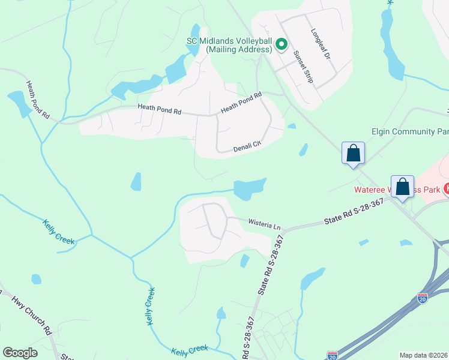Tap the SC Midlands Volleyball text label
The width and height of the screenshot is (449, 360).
(x=230, y=45)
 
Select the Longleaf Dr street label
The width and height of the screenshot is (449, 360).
(x=321, y=44)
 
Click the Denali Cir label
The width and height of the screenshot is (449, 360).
(x=249, y=145)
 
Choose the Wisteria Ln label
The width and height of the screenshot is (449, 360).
(x=264, y=225)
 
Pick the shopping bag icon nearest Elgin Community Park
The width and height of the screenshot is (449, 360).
(x=353, y=153)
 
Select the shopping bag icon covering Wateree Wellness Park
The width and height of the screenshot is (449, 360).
(x=402, y=187)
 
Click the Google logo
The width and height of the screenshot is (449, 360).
(x=20, y=353)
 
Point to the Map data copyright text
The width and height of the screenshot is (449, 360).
(x=423, y=355)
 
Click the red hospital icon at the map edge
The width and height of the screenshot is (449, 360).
(x=446, y=188)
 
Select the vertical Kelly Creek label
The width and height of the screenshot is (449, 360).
(x=151, y=306)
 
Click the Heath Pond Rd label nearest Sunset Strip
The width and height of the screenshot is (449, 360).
(x=241, y=102)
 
